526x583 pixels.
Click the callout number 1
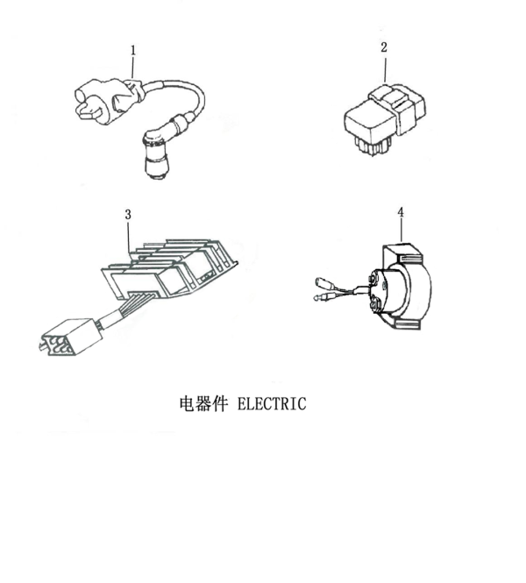tap(133, 51)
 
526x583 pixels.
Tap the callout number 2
tap(384, 47)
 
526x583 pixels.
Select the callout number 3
tap(128, 213)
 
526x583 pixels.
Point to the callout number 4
tap(401, 213)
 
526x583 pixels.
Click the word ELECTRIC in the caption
tap(272, 404)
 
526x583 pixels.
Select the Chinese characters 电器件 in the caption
tap(203, 404)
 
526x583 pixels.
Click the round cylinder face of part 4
tap(390, 295)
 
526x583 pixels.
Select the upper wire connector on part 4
tap(324, 282)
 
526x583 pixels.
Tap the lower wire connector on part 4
tap(321, 301)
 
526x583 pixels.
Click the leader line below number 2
tap(384, 69)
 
